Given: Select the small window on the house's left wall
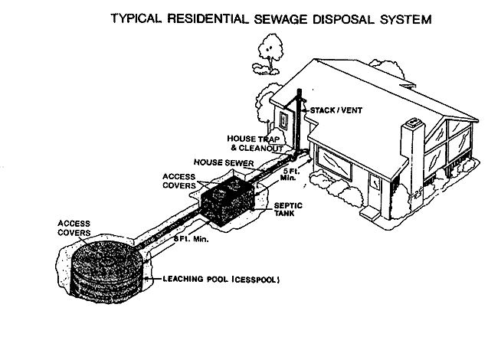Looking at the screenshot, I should point(284,120).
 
